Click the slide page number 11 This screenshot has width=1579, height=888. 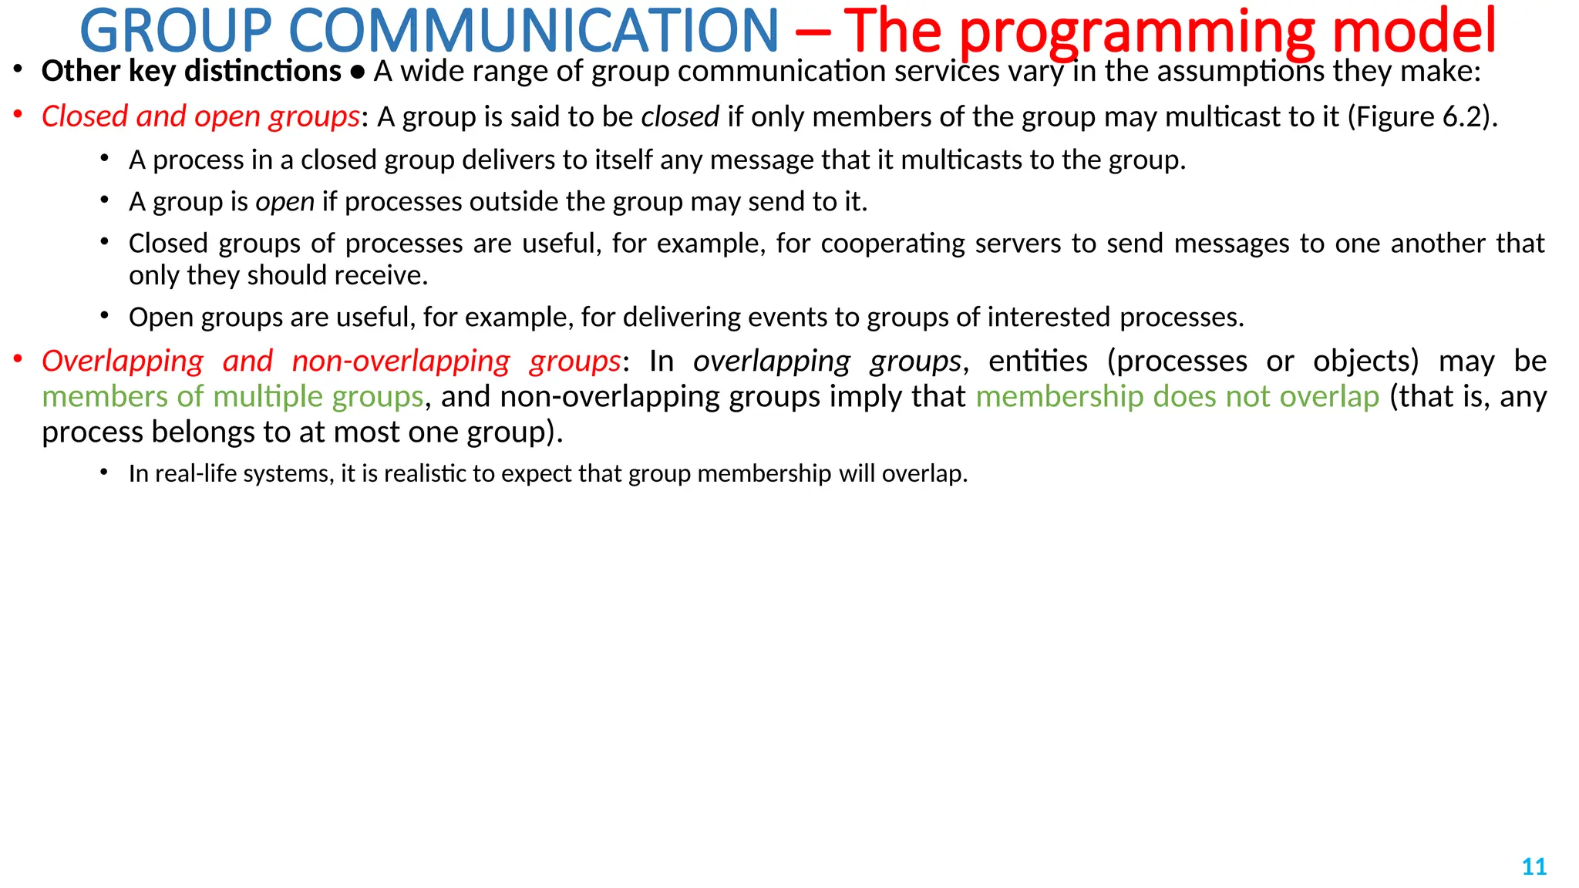[1534, 866]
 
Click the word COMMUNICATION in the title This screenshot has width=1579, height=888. [534, 31]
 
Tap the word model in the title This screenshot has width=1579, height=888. [1413, 31]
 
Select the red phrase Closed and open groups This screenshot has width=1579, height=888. [200, 116]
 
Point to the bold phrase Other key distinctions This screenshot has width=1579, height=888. [191, 71]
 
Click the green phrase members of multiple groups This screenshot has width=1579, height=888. [233, 396]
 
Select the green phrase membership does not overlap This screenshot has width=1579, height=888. [1177, 396]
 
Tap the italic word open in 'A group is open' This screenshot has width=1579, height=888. [284, 202]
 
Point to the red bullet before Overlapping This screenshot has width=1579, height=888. [18, 359]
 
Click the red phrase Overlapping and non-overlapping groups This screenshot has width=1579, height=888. [332, 361]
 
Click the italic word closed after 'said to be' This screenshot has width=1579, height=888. [680, 116]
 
